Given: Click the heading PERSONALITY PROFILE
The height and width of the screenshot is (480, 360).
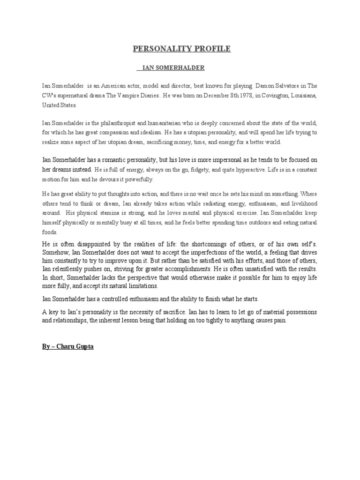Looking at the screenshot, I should (182, 49).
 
